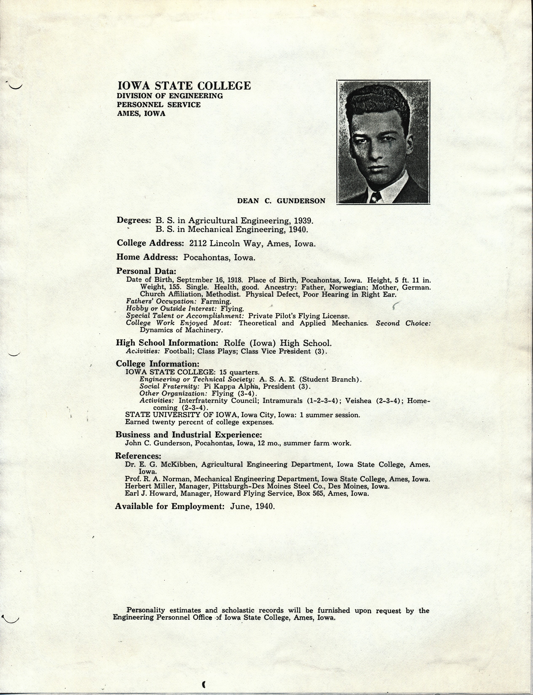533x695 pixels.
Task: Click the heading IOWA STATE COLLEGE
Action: pyautogui.click(x=184, y=86)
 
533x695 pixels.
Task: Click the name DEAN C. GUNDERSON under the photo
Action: pyautogui.click(x=281, y=201)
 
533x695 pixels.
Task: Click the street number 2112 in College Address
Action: pyautogui.click(x=197, y=244)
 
